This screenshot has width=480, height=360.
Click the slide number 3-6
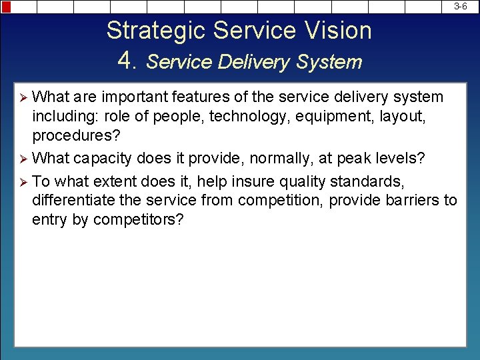tap(460, 6)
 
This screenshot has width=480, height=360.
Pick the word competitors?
tap(138, 220)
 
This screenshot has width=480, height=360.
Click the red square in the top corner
tap(6, 7)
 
